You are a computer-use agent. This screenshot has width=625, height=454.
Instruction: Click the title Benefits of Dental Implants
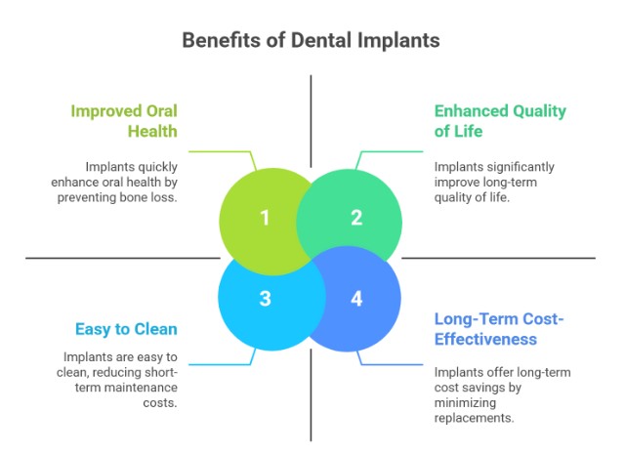pyautogui.click(x=312, y=41)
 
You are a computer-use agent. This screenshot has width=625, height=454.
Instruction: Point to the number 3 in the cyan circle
pyautogui.click(x=265, y=298)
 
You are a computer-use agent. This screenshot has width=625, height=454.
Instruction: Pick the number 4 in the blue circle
pyautogui.click(x=356, y=298)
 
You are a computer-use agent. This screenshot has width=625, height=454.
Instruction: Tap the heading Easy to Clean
pyautogui.click(x=125, y=329)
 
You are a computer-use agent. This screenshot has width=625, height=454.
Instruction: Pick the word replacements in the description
pyautogui.click(x=476, y=417)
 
